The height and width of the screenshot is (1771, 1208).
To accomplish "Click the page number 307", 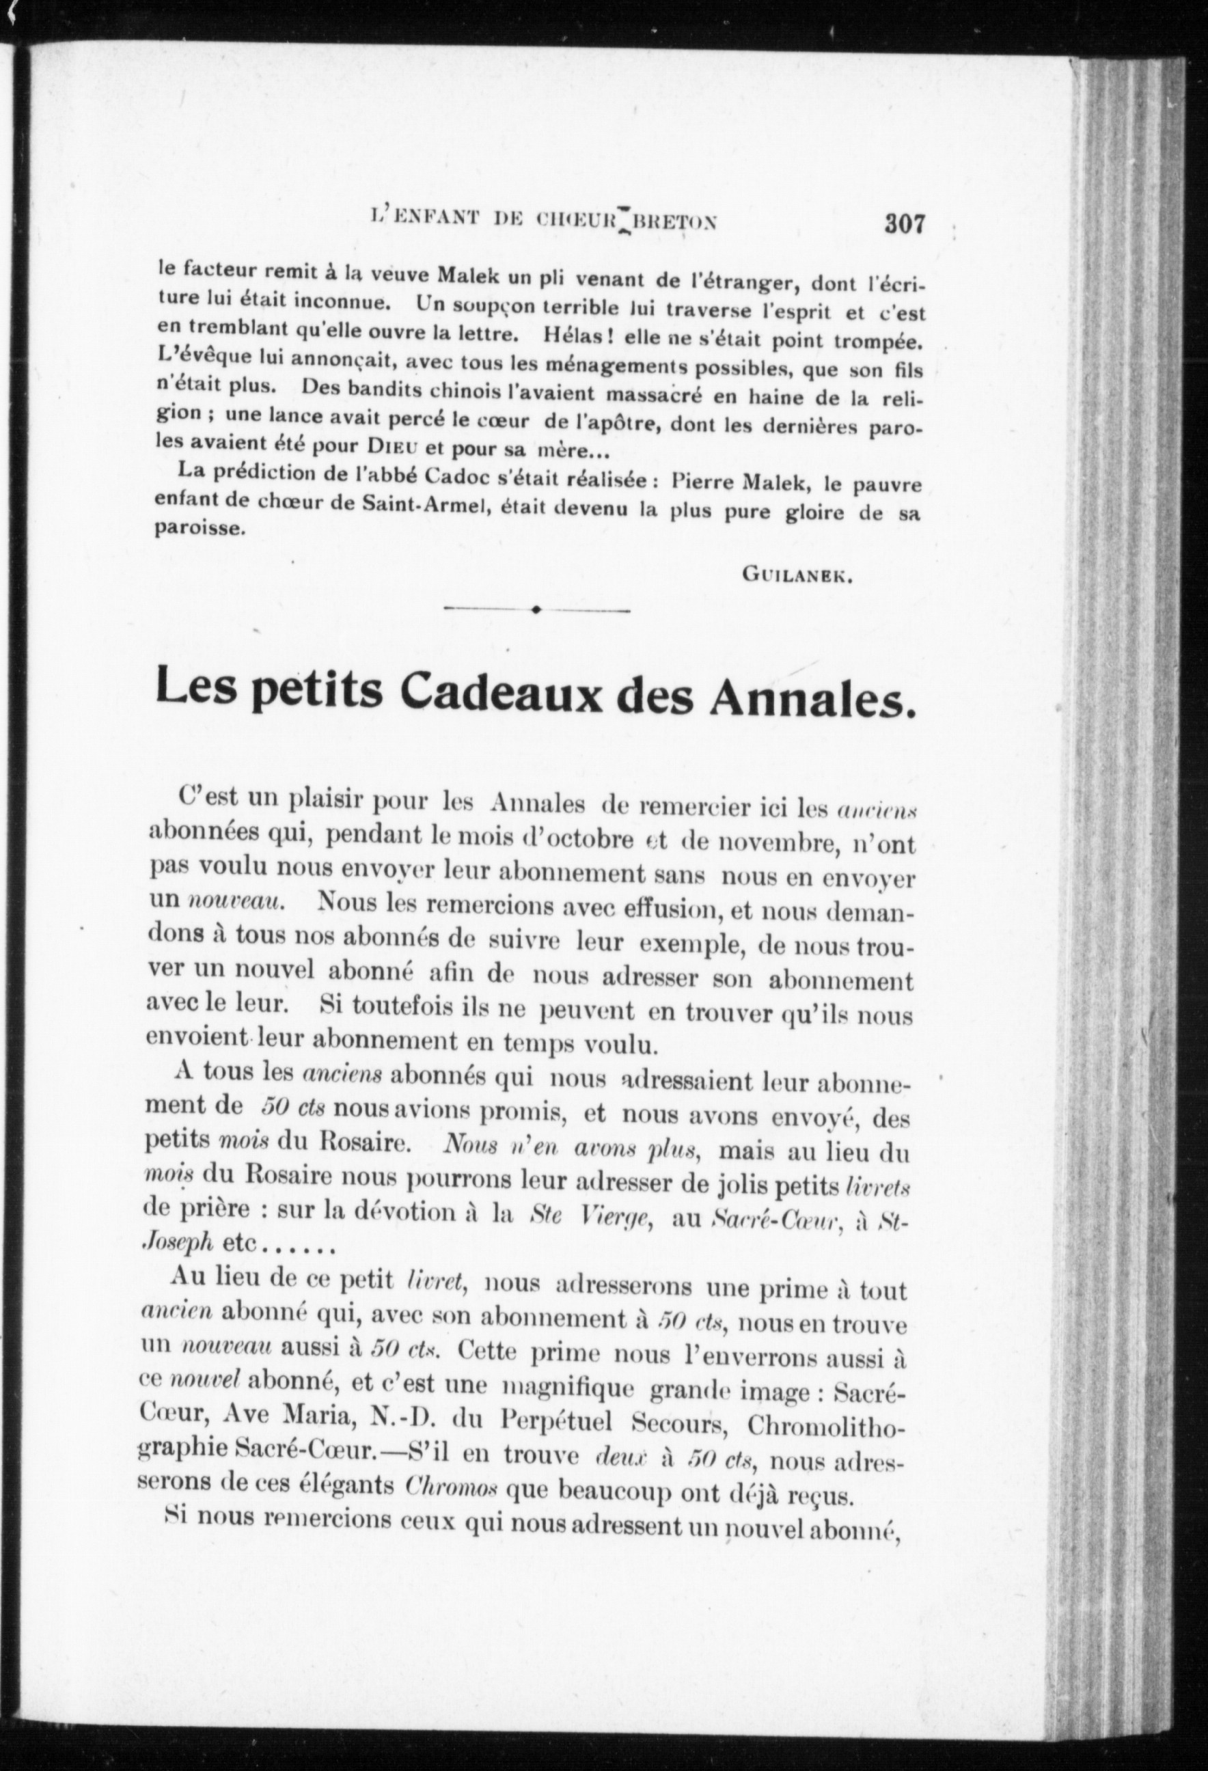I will click(x=905, y=224).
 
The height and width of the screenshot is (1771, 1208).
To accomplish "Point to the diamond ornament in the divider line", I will click(x=536, y=609).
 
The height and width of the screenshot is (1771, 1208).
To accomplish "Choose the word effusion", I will click(x=663, y=909).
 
